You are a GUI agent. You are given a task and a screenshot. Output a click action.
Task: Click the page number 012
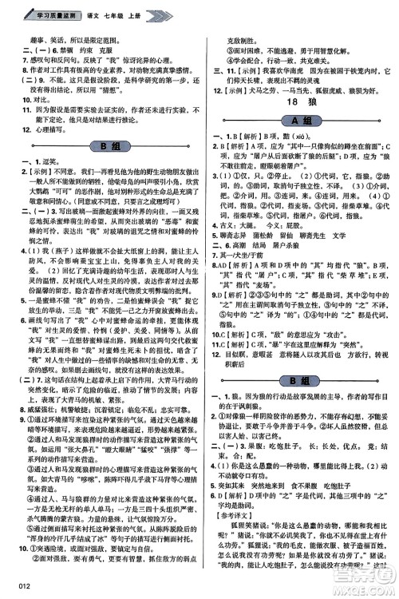[x=16, y=589]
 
